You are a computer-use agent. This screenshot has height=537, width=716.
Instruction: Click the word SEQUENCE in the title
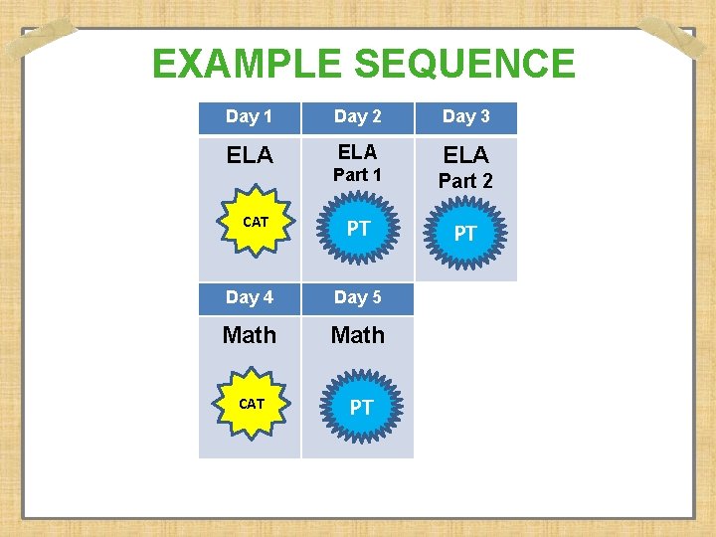pyautogui.click(x=464, y=65)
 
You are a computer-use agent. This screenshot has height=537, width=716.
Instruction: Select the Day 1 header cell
pyautogui.click(x=249, y=116)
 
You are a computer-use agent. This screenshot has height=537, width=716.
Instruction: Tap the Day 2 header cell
pyautogui.click(x=357, y=116)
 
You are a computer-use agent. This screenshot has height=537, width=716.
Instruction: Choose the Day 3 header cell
pyautogui.click(x=465, y=116)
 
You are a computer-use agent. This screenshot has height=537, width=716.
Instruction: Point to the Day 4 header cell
pyautogui.click(x=249, y=297)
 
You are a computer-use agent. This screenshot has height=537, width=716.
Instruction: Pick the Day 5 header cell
pyautogui.click(x=357, y=297)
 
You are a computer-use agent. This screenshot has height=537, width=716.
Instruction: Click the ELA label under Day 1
pyautogui.click(x=249, y=156)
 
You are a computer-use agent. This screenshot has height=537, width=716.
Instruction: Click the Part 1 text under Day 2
pyautogui.click(x=357, y=175)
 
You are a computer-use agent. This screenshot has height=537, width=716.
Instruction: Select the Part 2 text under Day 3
pyautogui.click(x=465, y=181)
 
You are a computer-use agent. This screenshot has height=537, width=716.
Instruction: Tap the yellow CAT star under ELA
pyautogui.click(x=255, y=223)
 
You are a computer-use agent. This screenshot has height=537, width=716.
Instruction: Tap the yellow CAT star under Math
pyautogui.click(x=252, y=404)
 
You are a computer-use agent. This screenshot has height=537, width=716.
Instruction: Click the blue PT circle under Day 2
pyautogui.click(x=358, y=229)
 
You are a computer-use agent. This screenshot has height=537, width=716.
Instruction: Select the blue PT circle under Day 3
pyautogui.click(x=465, y=234)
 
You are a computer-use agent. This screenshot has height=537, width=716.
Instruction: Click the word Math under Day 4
pyautogui.click(x=249, y=335)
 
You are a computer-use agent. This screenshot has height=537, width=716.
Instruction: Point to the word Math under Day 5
pyautogui.click(x=357, y=335)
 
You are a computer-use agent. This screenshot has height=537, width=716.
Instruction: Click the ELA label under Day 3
pyautogui.click(x=465, y=155)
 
